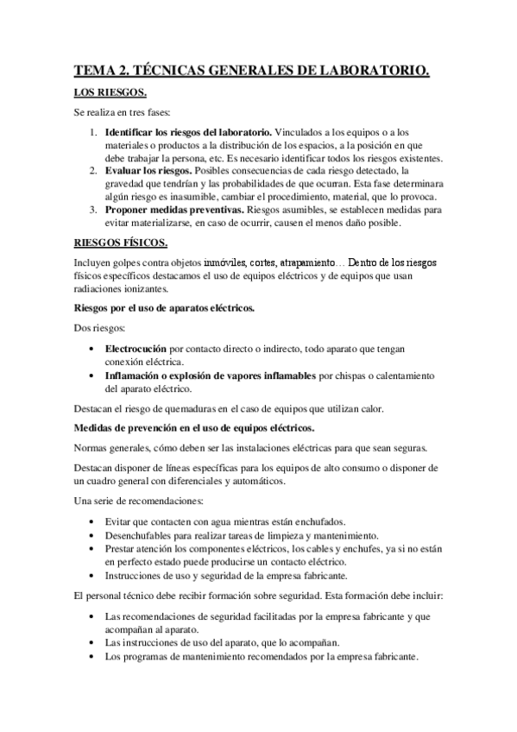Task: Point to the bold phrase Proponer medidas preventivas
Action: [174, 210]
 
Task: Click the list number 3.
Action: [93, 210]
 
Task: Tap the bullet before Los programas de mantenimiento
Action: [94, 656]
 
